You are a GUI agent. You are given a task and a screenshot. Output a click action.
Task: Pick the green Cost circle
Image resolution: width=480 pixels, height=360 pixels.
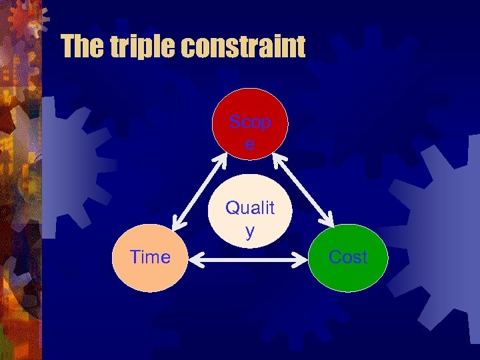click(x=349, y=258)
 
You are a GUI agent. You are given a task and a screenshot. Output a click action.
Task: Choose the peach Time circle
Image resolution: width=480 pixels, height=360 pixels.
click(x=150, y=258)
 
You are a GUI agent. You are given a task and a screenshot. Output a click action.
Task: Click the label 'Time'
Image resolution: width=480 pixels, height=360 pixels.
click(x=150, y=257)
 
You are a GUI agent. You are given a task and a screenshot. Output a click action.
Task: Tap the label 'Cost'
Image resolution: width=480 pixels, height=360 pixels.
click(x=349, y=257)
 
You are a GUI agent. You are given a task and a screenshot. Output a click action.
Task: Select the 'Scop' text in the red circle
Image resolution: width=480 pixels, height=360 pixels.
click(x=250, y=123)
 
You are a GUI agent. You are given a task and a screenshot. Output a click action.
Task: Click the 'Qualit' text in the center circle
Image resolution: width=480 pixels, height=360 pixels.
click(x=250, y=208)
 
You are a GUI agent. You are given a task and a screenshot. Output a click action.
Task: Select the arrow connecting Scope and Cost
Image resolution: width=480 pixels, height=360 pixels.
click(x=301, y=190)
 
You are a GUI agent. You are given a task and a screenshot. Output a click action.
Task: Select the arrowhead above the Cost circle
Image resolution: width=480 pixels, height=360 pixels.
click(x=328, y=223)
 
